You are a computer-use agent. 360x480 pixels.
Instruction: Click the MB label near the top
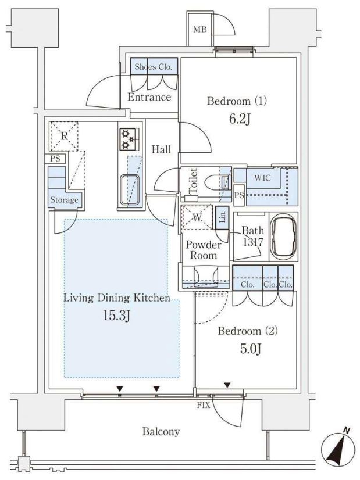click(x=199, y=30)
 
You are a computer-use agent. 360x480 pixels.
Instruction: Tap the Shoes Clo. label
click(x=154, y=67)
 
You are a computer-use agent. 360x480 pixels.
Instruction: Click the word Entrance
click(x=149, y=97)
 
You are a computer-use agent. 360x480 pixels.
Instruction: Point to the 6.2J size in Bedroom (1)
click(x=240, y=119)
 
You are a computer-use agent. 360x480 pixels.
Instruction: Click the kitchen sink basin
click(x=130, y=190)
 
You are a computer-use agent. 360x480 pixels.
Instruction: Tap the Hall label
click(x=162, y=149)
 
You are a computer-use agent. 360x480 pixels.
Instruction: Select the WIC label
click(x=262, y=178)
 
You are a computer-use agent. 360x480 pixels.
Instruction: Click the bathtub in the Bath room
click(x=284, y=236)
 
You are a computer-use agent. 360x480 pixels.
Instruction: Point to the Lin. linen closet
click(x=223, y=218)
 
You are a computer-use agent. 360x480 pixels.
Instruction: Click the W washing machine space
click(x=197, y=217)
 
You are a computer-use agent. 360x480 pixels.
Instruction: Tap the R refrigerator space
click(x=64, y=136)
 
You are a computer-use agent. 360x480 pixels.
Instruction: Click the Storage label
click(x=65, y=200)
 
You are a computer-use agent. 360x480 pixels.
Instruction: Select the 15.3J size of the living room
click(x=116, y=316)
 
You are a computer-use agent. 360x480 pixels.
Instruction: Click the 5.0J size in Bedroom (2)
click(x=251, y=349)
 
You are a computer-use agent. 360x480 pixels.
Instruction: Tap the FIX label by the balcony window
click(x=204, y=405)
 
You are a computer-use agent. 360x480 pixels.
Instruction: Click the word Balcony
click(x=161, y=432)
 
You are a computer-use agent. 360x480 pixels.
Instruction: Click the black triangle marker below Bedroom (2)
click(x=227, y=385)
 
